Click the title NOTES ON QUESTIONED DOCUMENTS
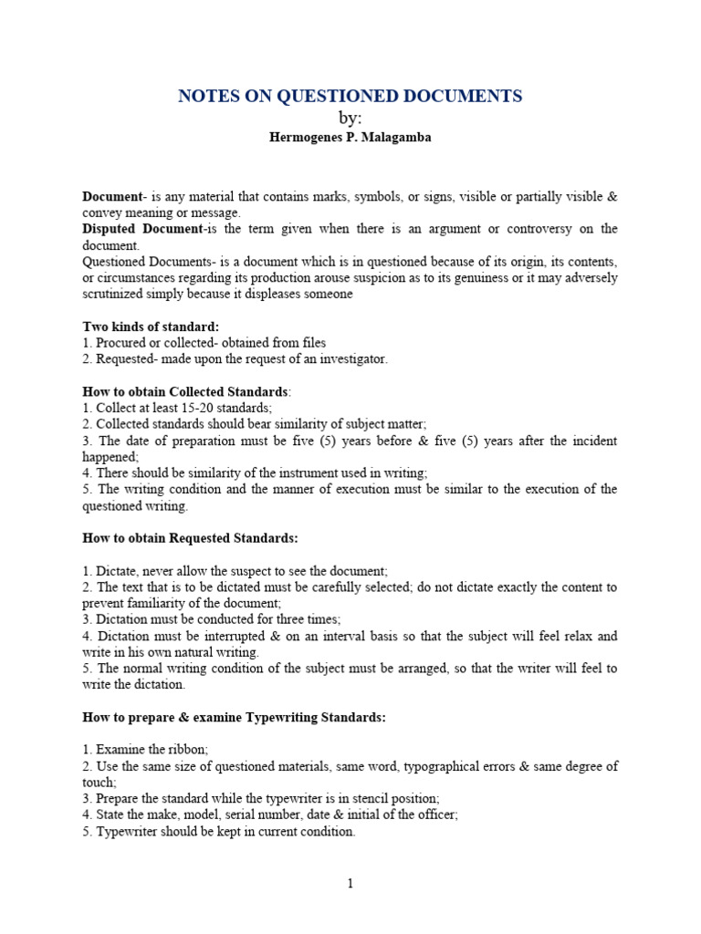click(x=350, y=96)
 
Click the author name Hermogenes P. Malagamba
click(x=350, y=137)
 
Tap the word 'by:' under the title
click(x=350, y=117)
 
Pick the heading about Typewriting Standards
click(x=235, y=718)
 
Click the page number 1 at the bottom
click(x=350, y=883)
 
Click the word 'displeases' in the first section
click(x=265, y=295)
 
